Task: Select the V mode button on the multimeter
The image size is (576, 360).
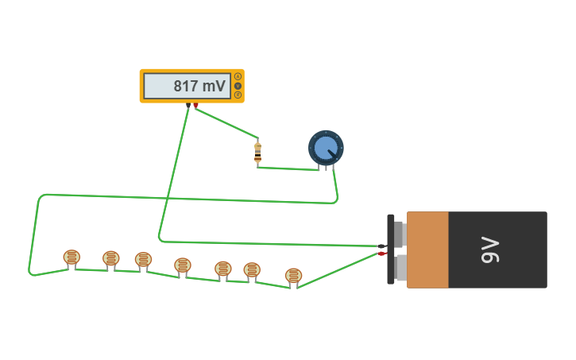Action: coord(238,86)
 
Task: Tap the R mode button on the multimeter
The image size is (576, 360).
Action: coord(238,95)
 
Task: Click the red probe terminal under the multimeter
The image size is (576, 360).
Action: coord(195,106)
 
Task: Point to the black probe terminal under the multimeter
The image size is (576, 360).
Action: coord(188,106)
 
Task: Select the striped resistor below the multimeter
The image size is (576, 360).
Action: coord(257,153)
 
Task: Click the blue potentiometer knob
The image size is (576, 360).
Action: coord(326,148)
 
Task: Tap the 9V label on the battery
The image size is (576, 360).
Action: coord(490,250)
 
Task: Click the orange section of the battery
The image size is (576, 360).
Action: coord(427,250)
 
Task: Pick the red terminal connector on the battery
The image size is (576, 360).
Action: coord(382,254)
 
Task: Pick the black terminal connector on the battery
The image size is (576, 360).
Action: coord(382,246)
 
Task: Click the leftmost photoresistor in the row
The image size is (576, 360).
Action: coord(72,257)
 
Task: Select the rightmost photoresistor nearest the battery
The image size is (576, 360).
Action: coord(293,276)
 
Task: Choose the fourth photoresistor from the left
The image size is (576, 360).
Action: coord(183,265)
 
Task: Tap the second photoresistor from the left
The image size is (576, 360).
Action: coord(111,259)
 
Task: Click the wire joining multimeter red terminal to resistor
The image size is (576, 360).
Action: coord(226,122)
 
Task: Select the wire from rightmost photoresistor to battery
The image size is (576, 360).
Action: coord(338,269)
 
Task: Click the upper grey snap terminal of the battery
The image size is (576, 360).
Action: coord(399,234)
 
